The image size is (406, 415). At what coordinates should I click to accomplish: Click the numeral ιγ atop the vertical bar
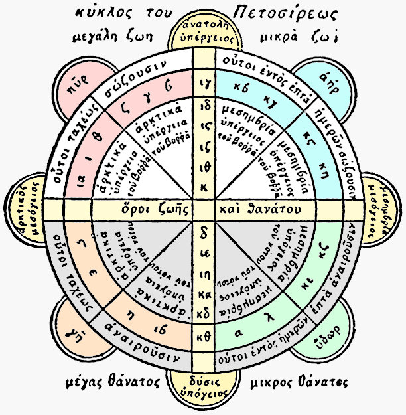tap(204, 84)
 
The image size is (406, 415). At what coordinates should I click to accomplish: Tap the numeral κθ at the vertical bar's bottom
tap(204, 338)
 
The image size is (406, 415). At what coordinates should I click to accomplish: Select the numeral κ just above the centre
tap(204, 187)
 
